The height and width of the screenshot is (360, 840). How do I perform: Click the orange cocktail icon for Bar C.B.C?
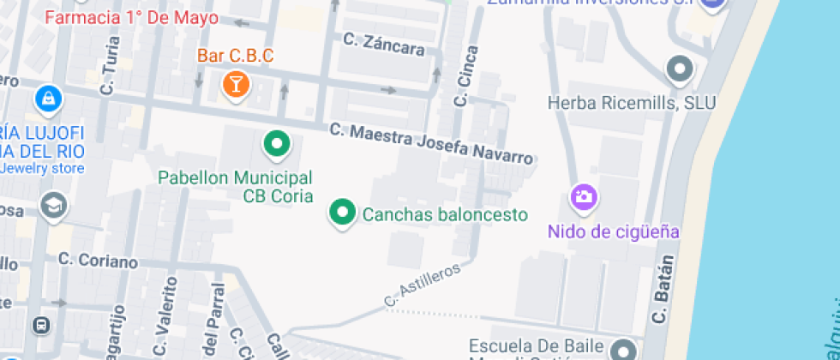(x=234, y=84)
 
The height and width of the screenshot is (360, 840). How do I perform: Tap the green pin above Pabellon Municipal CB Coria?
(x=276, y=144)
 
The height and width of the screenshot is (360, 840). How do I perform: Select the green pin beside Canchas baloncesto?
(x=343, y=213)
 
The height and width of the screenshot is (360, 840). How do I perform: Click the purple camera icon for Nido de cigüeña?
(x=584, y=197)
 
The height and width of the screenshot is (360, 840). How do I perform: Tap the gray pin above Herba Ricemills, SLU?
(x=680, y=69)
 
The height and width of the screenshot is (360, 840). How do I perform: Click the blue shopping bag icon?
(x=49, y=99)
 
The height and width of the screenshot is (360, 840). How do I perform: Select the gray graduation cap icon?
(x=53, y=206)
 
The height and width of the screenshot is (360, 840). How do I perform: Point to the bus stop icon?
(x=39, y=326)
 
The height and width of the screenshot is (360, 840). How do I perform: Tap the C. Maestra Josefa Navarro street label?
(x=432, y=144)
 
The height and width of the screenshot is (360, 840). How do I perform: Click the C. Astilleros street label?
(x=423, y=284)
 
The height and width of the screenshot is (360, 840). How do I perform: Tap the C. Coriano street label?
(x=99, y=261)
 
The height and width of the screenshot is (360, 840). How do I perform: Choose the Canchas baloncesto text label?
(x=445, y=214)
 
